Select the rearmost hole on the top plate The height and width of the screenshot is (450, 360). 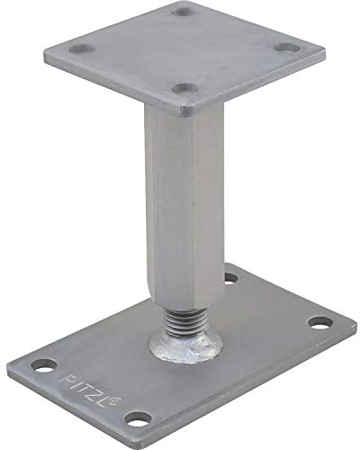(x=183, y=12)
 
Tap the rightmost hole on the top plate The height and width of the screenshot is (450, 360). (x=288, y=49)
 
